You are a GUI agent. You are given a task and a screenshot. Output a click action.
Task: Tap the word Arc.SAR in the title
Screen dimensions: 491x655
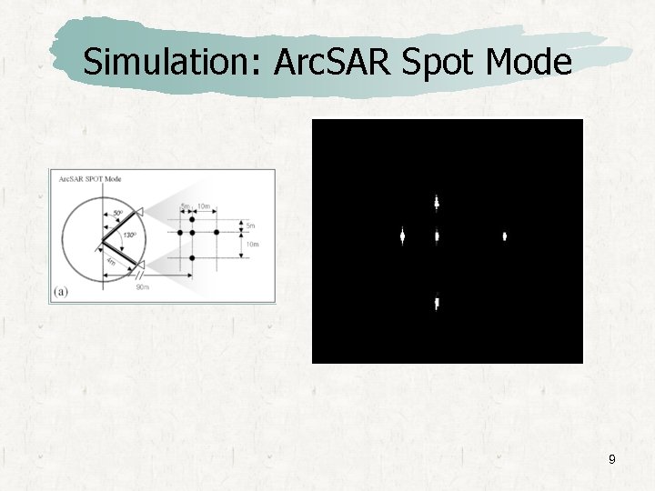(310, 62)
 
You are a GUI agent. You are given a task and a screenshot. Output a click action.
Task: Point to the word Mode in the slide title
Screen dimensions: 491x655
(529, 62)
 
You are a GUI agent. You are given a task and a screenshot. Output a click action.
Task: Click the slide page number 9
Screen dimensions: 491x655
(611, 460)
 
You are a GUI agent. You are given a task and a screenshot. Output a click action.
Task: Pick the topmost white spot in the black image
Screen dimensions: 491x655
(437, 202)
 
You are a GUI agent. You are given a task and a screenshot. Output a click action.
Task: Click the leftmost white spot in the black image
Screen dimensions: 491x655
(401, 236)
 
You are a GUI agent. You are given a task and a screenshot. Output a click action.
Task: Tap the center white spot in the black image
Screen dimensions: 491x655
(437, 236)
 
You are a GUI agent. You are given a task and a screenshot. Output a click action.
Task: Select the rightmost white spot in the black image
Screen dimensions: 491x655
(505, 236)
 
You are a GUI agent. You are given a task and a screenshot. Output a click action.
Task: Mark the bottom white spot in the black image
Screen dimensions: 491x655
(437, 303)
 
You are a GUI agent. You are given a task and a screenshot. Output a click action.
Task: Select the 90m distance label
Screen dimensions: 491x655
(142, 287)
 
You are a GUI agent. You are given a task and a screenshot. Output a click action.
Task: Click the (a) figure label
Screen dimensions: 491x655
(61, 291)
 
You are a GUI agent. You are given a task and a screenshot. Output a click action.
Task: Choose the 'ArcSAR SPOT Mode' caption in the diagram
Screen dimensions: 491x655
(90, 179)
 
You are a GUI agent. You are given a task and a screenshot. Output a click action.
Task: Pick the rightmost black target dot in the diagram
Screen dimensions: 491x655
(217, 233)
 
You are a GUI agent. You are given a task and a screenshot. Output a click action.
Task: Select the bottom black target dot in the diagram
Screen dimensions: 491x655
(192, 258)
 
